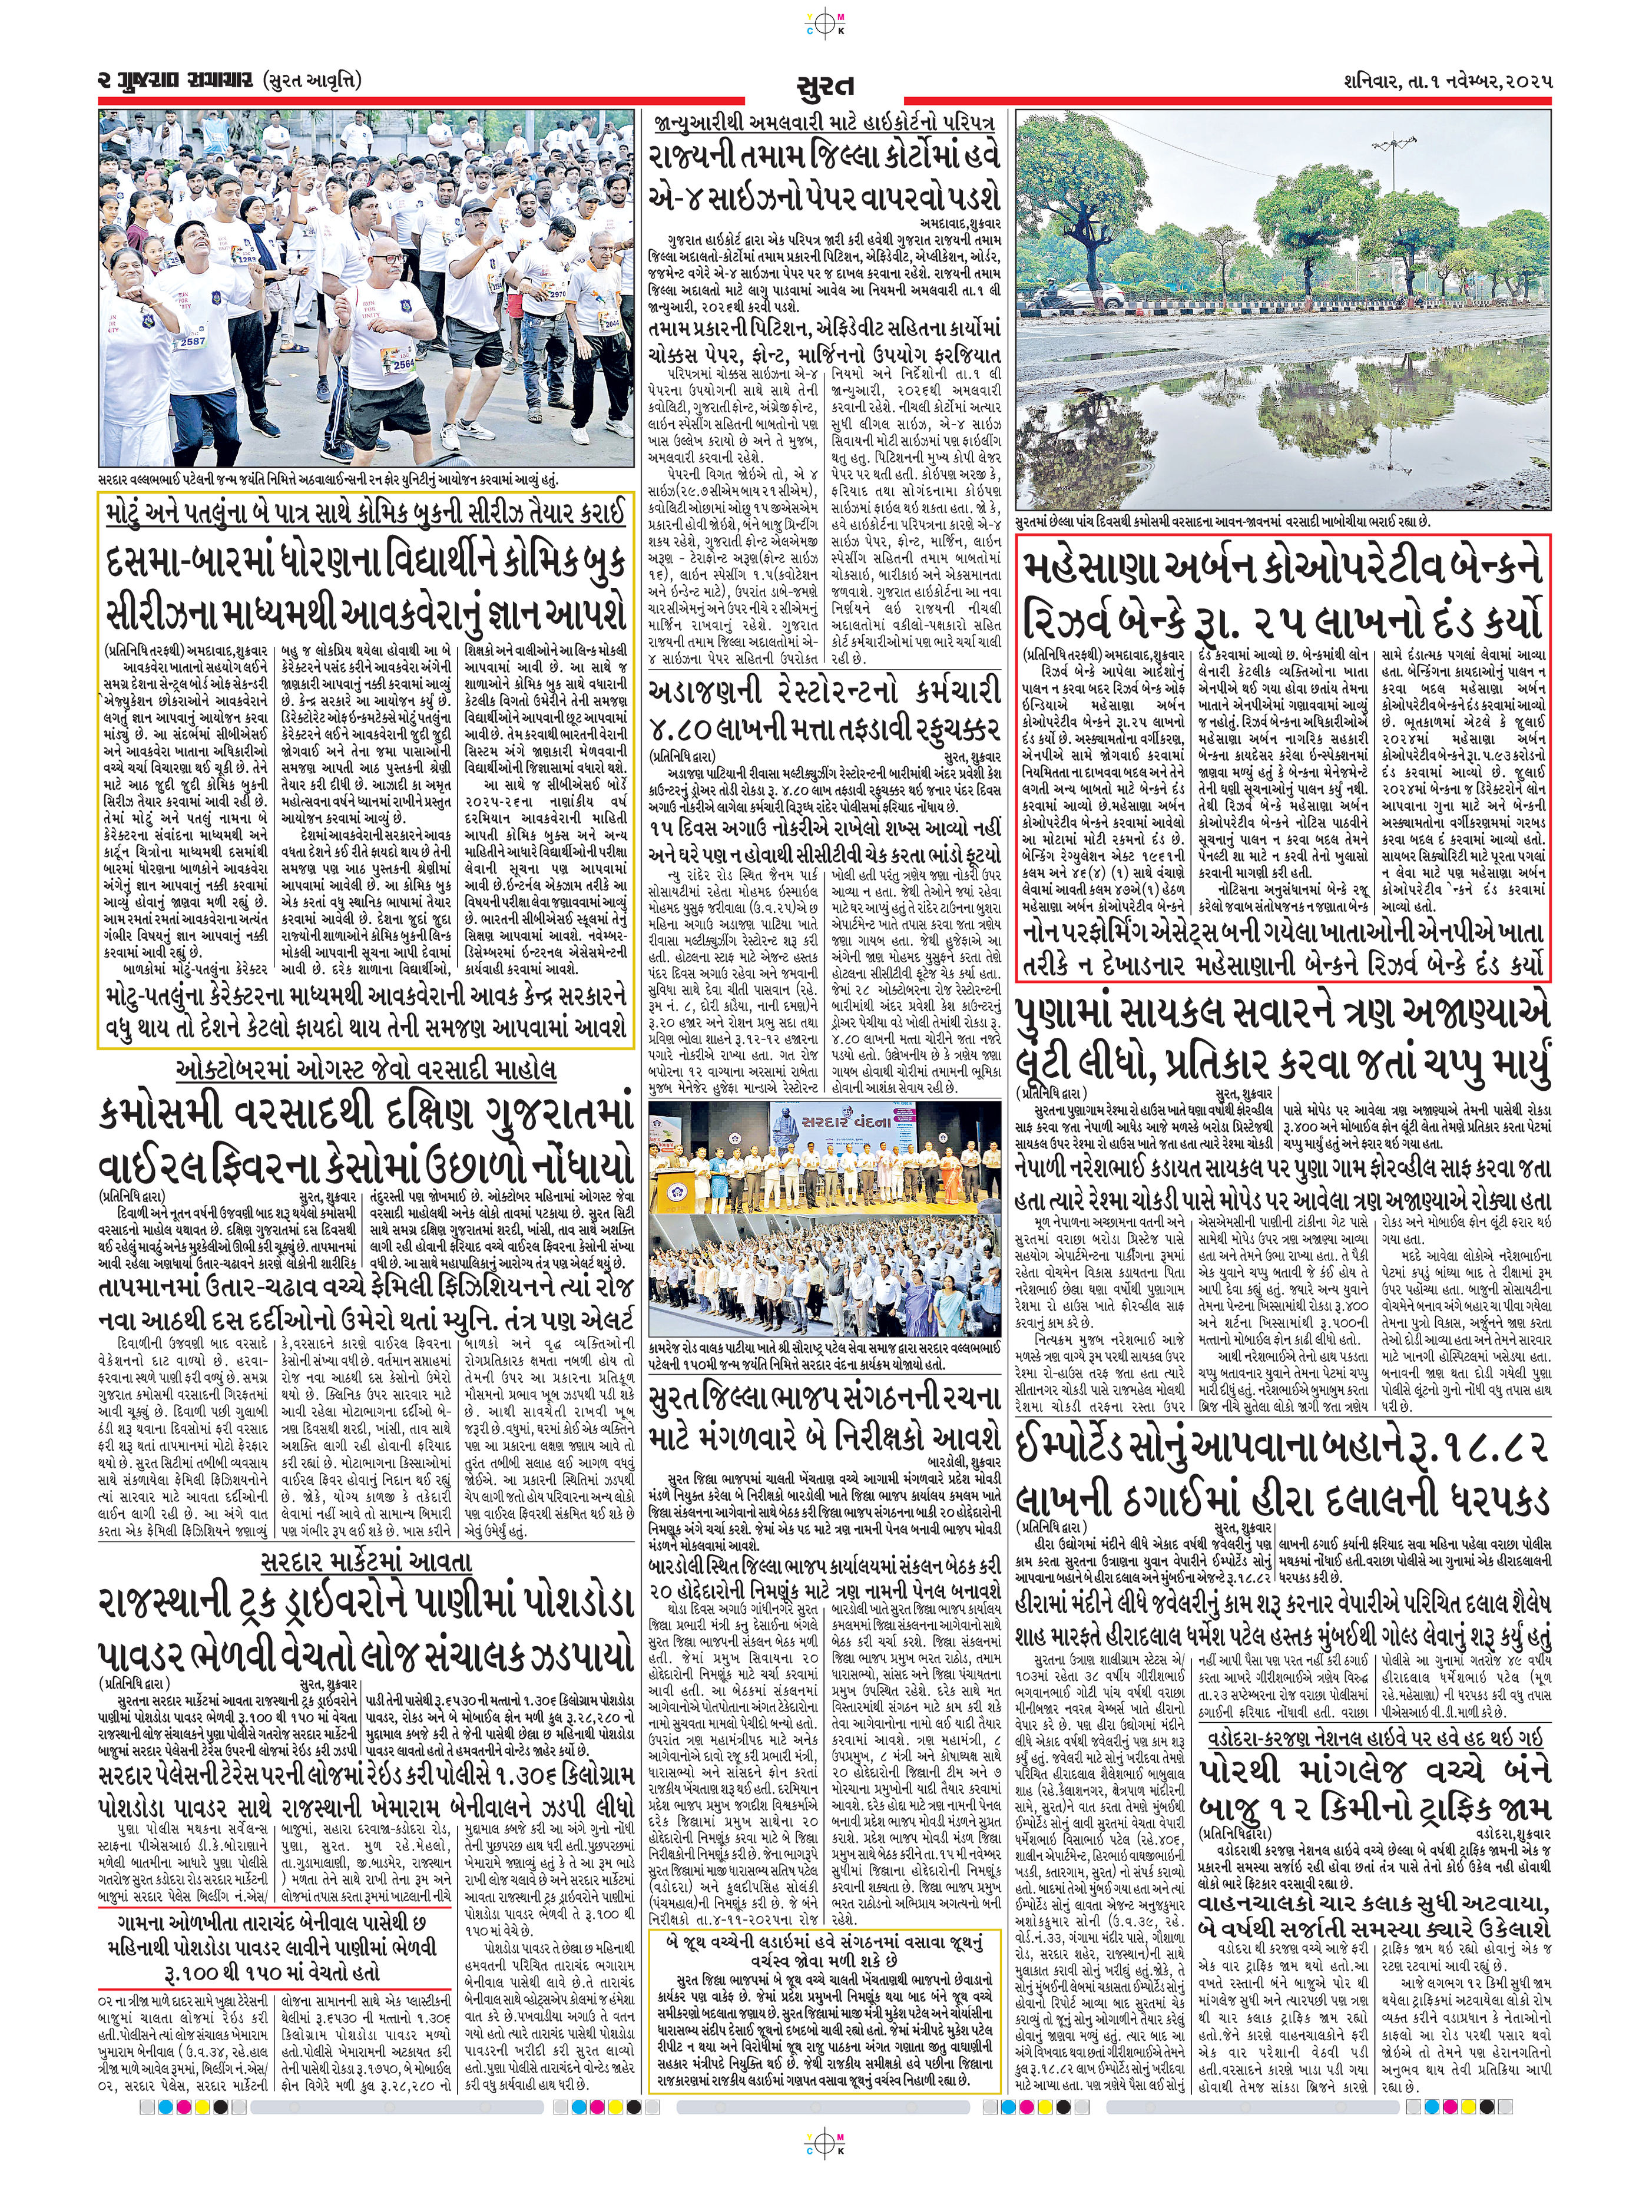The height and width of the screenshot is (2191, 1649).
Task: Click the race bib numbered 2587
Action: pyautogui.click(x=191, y=342)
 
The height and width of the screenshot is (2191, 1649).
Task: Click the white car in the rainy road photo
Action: pyautogui.click(x=1087, y=294)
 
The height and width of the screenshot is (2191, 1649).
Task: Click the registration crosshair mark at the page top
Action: pyautogui.click(x=824, y=16)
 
